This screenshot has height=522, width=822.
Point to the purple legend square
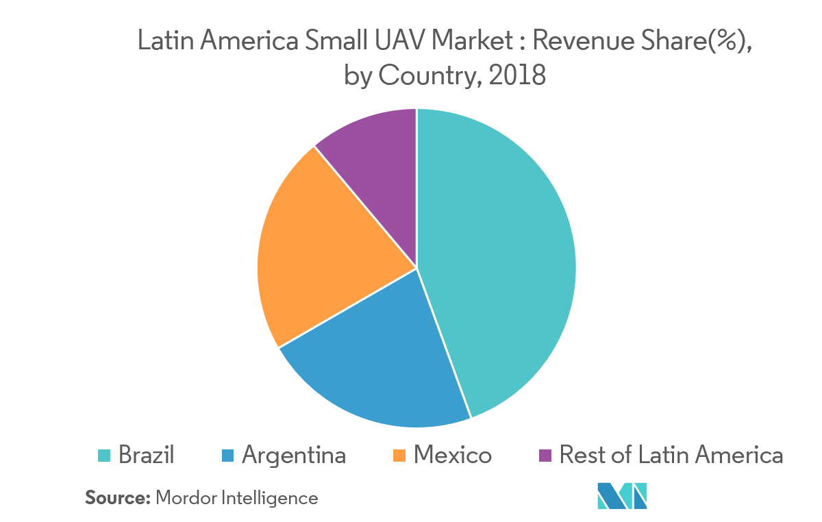tap(545, 456)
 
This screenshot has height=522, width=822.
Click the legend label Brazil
tap(146, 455)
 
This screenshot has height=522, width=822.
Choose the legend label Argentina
tap(293, 455)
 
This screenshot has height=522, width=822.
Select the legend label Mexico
tap(452, 455)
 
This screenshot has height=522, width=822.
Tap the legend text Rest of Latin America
tap(671, 455)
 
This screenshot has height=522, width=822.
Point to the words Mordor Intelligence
tap(237, 497)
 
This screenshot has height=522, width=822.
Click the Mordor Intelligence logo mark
tap(622, 496)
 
